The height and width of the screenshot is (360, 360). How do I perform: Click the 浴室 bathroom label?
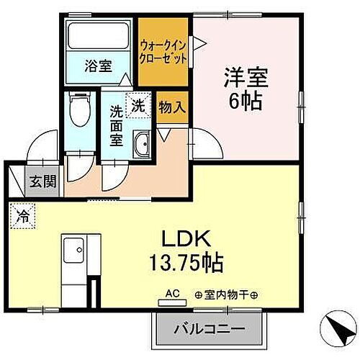[99, 66]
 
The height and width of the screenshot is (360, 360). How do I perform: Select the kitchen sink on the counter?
[73, 253]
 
